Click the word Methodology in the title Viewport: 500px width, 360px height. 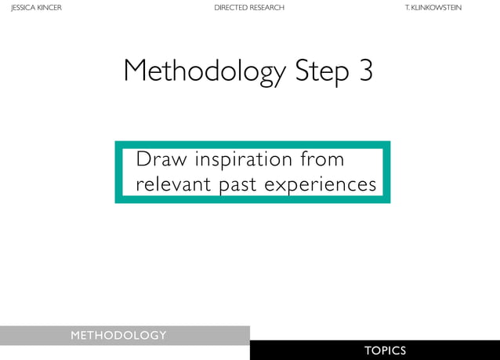coord(205,72)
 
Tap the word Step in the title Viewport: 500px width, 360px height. coord(321,72)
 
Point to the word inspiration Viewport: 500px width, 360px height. coord(244,160)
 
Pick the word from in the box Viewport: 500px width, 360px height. coord(322,159)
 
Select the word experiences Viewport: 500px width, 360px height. coord(321,186)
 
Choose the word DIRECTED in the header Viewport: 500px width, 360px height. coord(230,8)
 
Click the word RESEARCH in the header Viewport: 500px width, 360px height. coord(267,8)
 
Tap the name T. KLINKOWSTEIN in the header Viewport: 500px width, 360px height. coord(433,8)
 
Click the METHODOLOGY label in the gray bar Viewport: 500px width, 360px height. coord(118,336)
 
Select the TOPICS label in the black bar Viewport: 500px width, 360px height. coord(385,351)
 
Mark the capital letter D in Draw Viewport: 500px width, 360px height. coord(142,159)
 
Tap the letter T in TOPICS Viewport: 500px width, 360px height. coord(368,351)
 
